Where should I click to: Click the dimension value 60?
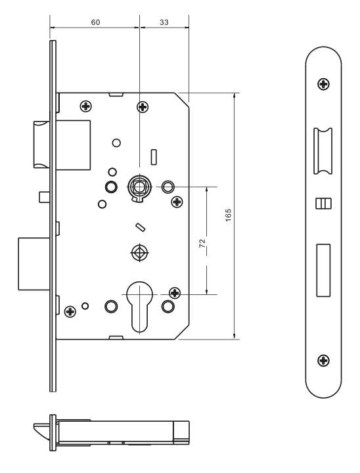[x=95, y=22]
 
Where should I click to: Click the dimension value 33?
[x=164, y=22]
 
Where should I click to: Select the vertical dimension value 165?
[x=229, y=215]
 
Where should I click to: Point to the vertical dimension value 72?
[x=202, y=243]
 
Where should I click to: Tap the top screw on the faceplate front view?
[x=323, y=84]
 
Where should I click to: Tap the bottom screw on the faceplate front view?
[x=323, y=360]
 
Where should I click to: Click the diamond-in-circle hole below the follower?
[x=139, y=252]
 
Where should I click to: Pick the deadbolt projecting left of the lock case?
[x=34, y=264]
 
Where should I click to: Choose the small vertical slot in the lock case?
[x=154, y=157]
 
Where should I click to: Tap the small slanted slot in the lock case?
[x=141, y=227]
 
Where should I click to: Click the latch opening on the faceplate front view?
[x=323, y=151]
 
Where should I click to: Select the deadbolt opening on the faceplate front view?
[x=323, y=270]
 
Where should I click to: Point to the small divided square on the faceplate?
[x=323, y=204]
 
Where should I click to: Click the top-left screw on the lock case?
[x=86, y=106]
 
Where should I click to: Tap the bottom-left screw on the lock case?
[x=70, y=311]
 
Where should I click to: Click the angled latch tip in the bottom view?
[x=41, y=432]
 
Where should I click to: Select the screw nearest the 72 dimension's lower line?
[x=175, y=292]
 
